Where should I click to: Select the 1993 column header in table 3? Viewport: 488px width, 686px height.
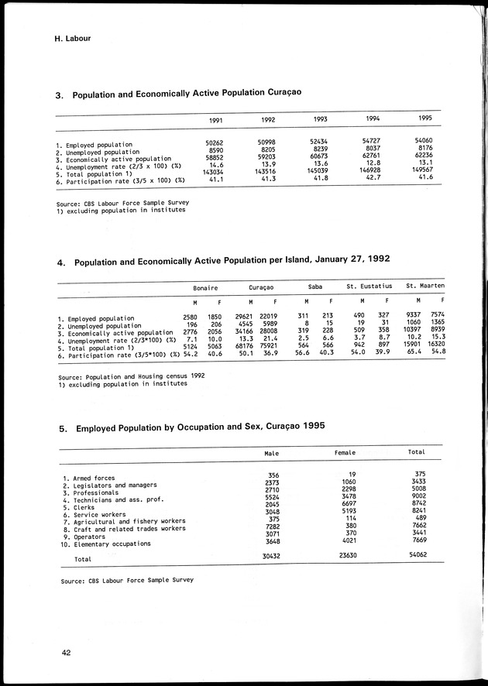pyautogui.click(x=319, y=120)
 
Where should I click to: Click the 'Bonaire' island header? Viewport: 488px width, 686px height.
pyautogui.click(x=204, y=286)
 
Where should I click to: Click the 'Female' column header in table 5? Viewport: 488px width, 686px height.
pyautogui.click(x=345, y=452)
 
